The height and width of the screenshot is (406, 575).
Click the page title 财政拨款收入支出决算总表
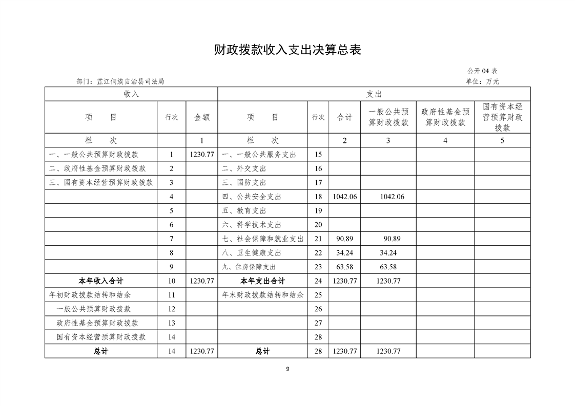[x=287, y=50]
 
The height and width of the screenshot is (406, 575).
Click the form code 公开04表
[x=482, y=71]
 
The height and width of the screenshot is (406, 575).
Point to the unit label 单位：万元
[x=482, y=81]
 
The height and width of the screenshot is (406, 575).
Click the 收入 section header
[x=131, y=94]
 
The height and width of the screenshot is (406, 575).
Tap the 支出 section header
[x=374, y=94]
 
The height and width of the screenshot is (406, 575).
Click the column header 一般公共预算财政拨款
[x=388, y=117]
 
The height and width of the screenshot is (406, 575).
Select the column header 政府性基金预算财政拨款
[x=445, y=117]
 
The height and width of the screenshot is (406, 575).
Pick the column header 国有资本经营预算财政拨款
[x=502, y=117]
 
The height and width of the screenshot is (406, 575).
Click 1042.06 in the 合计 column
[x=344, y=197]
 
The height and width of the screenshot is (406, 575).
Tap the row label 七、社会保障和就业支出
[x=262, y=239]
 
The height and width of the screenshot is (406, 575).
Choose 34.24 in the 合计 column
[x=344, y=253]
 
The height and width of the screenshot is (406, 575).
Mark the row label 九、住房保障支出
[x=249, y=267]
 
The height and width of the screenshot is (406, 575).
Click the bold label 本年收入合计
[x=100, y=281]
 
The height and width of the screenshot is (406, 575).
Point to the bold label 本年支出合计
[x=262, y=281]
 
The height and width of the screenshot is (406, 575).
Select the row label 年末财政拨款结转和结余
[x=262, y=295]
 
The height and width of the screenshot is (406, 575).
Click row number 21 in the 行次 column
[x=318, y=239]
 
